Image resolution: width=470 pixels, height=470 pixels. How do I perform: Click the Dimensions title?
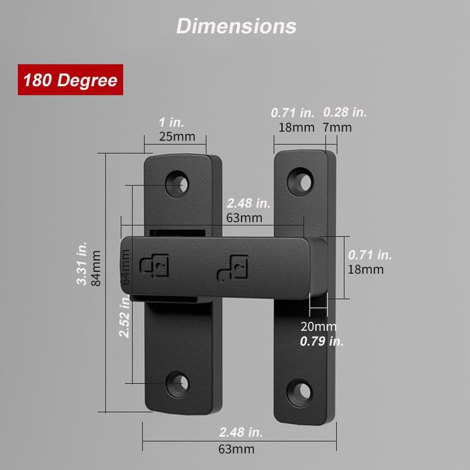coord(236,26)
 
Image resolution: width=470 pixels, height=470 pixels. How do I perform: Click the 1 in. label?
coord(172,122)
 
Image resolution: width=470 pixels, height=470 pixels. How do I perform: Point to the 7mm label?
coord(338,127)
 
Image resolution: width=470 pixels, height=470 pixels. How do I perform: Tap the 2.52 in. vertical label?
coord(125,317)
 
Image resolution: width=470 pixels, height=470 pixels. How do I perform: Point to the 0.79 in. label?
coord(322,341)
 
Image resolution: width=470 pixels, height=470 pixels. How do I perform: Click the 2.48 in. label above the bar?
coord(249,203)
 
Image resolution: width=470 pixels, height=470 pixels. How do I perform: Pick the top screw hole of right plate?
coord(303,180)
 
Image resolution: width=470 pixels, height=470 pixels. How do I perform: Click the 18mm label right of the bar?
coord(365,270)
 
